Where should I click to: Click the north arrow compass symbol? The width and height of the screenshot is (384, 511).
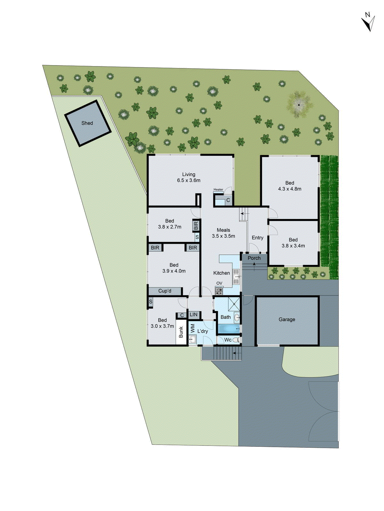point(368,22)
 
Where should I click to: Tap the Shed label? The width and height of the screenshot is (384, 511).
point(87,123)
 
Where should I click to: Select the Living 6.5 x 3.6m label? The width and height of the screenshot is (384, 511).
point(189,177)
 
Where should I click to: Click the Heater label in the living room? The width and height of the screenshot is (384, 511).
point(218,189)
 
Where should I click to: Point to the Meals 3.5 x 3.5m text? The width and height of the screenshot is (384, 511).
point(223,233)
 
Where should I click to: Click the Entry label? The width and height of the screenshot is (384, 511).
point(257,238)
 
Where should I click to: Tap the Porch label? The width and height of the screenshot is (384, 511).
point(254,258)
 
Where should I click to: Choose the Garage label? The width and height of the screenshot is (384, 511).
point(287,319)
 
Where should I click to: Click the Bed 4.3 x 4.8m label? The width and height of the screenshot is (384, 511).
point(290,186)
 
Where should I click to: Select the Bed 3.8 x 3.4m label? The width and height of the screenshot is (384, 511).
point(293,243)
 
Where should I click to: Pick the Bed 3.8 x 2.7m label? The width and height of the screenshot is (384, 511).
point(170,224)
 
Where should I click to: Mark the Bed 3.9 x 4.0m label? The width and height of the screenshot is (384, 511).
point(174,268)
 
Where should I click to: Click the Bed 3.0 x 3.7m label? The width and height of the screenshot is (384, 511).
point(162,323)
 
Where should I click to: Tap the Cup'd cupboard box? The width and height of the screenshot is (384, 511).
point(165,291)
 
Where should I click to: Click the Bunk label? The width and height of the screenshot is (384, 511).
point(181,332)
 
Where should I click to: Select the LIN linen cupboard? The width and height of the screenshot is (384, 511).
point(194,315)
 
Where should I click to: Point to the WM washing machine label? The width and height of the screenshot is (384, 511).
point(193,328)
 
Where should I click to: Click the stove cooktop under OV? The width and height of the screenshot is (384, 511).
point(219,291)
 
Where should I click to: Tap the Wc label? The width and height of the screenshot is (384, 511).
point(228,340)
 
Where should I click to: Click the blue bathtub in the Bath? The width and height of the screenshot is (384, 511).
point(228,329)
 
